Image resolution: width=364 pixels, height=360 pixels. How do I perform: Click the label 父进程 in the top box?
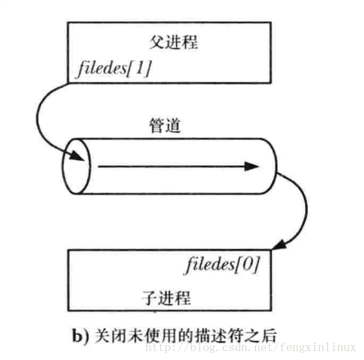click(x=173, y=42)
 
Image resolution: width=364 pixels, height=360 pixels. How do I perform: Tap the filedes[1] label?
click(x=115, y=68)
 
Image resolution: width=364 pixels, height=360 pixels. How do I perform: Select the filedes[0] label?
click(x=223, y=265)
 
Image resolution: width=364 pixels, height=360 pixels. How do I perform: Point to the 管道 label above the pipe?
click(x=165, y=125)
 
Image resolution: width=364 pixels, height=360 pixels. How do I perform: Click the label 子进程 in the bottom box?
click(x=166, y=298)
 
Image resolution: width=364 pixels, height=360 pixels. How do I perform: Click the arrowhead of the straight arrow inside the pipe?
click(x=252, y=166)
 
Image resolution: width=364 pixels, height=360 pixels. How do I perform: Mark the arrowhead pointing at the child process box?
click(x=280, y=245)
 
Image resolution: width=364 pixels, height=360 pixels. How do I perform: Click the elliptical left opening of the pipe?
click(x=76, y=166)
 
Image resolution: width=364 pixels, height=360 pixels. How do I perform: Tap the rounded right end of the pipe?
click(x=276, y=166)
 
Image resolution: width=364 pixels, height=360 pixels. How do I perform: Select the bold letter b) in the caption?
click(x=81, y=335)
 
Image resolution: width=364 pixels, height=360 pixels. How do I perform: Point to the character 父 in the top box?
click(x=157, y=42)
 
